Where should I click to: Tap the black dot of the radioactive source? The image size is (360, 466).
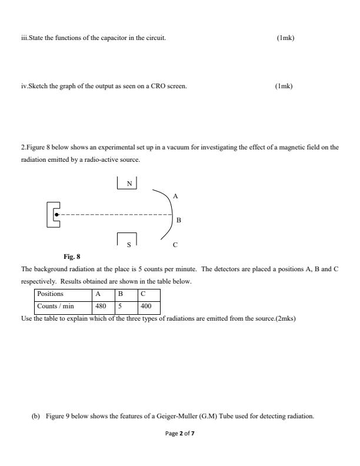[56, 215]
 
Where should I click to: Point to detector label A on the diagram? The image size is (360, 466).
[175, 195]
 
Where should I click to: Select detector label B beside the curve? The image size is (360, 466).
[178, 221]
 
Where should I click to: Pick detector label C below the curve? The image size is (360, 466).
[175, 244]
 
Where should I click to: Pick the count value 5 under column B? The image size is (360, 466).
[120, 307]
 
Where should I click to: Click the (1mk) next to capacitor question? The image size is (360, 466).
[285, 38]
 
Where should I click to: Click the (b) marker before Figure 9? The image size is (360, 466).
[35, 417]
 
